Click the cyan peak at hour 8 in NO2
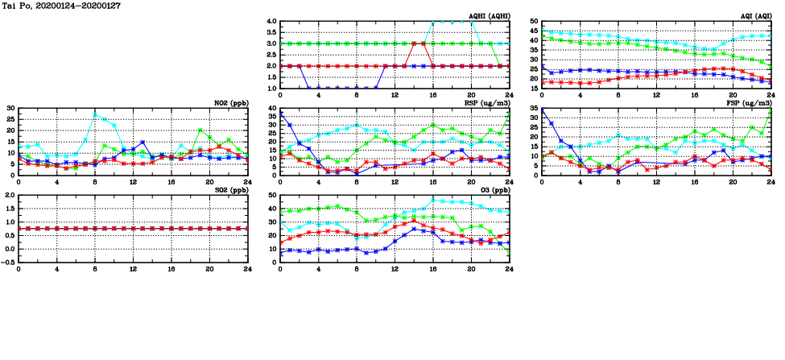[95, 114]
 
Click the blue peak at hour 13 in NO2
[143, 143]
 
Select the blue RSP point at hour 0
[280, 114]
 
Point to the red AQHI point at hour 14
[414, 43]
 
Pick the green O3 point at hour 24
[509, 255]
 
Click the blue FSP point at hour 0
[543, 110]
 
